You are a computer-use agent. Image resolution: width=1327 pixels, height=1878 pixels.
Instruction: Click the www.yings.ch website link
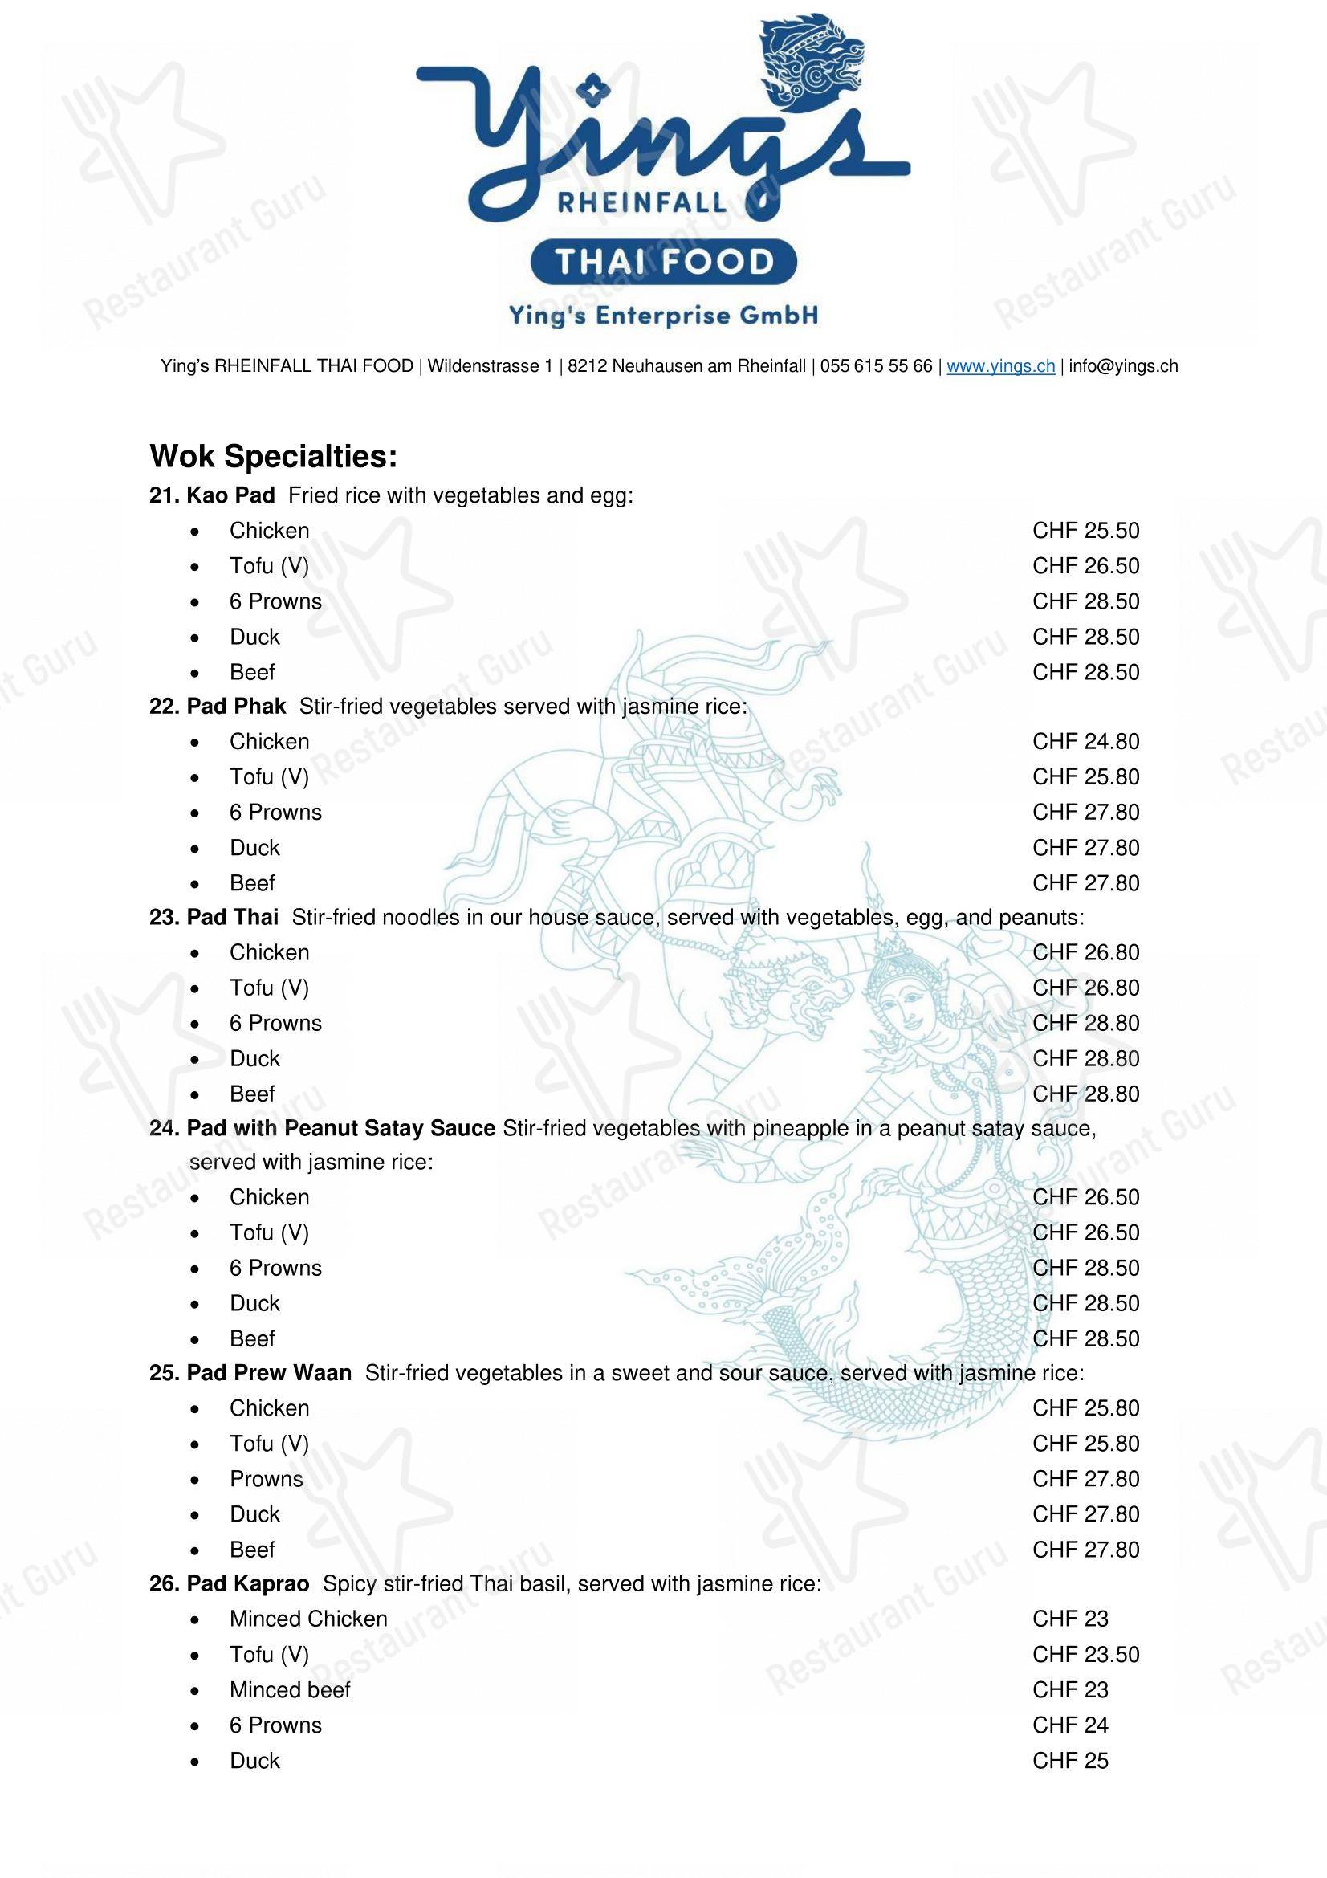pos(1001,365)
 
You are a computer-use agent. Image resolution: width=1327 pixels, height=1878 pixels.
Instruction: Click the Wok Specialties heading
pos(273,456)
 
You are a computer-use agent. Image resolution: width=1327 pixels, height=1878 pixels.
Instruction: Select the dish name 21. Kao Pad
pos(213,495)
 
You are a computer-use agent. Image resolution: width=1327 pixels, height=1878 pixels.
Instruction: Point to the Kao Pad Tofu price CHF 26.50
pos(1085,566)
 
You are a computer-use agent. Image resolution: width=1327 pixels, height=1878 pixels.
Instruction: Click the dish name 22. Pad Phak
pos(218,706)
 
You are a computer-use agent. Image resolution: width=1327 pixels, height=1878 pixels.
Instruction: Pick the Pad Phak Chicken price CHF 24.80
pos(1085,742)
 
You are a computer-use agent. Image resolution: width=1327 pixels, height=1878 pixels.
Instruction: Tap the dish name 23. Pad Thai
pos(214,917)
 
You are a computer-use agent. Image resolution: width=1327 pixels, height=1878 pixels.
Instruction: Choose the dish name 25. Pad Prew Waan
pos(250,1372)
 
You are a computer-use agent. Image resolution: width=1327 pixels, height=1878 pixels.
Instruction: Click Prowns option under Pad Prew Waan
pos(266,1479)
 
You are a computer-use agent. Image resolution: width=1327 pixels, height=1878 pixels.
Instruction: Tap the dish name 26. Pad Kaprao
pos(229,1583)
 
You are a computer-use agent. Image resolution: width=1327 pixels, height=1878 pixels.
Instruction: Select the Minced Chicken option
pos(308,1619)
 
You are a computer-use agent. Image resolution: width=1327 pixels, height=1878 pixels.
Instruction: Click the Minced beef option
pos(290,1690)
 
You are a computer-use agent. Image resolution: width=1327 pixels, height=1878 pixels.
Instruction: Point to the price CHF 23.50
pos(1085,1654)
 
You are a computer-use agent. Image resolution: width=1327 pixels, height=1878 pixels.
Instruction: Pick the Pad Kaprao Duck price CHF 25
pos(1069,1760)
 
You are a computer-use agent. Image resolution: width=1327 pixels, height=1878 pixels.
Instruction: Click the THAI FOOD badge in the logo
pos(663,262)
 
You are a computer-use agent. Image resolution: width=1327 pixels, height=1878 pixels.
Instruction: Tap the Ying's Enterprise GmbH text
pos(663,315)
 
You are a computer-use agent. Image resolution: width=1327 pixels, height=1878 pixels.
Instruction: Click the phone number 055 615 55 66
pos(876,365)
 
